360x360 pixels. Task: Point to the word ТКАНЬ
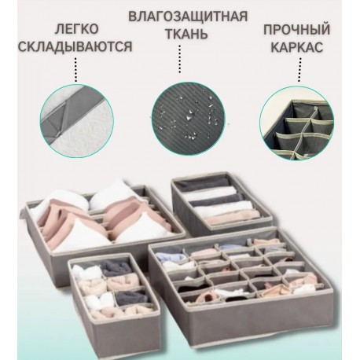pos(180,34)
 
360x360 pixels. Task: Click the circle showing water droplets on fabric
pos(180,111)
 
